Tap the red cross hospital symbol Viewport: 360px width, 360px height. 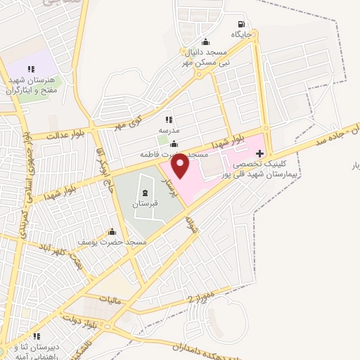coord(260,153)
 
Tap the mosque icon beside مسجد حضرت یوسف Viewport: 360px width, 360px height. coord(112,232)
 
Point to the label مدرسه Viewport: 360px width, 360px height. coord(169,130)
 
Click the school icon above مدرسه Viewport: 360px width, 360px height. coord(169,120)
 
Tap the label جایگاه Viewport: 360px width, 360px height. coord(240,34)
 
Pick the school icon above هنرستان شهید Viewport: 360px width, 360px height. coord(31,69)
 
